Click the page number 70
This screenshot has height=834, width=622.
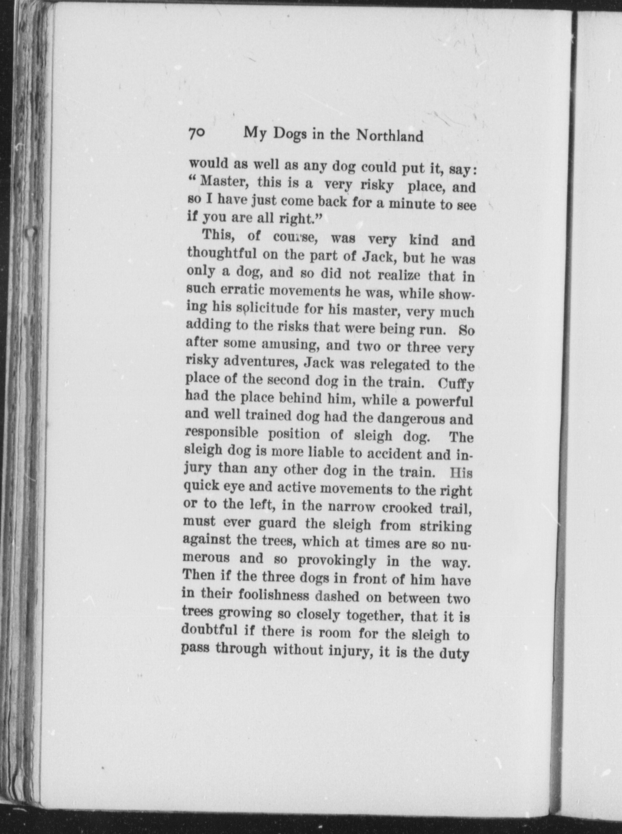point(196,133)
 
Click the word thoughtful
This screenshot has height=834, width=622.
point(222,254)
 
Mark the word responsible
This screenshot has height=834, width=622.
point(222,433)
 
